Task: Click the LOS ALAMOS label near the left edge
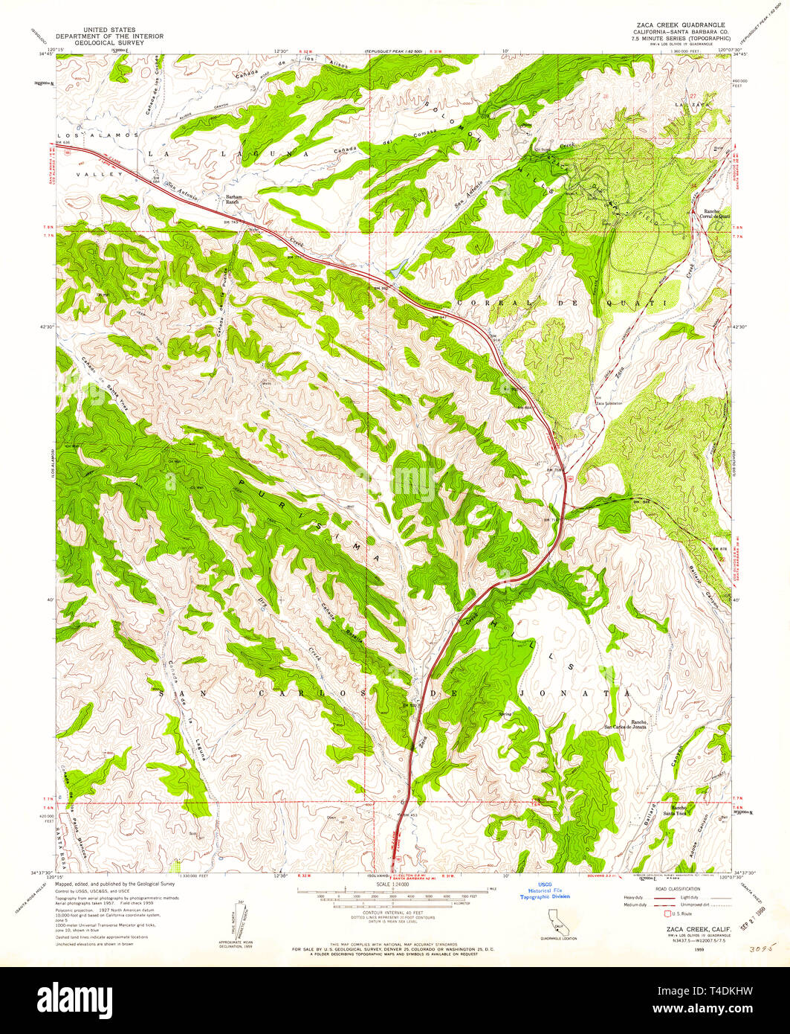pyautogui.click(x=97, y=135)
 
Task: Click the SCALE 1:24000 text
pyautogui.click(x=395, y=884)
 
